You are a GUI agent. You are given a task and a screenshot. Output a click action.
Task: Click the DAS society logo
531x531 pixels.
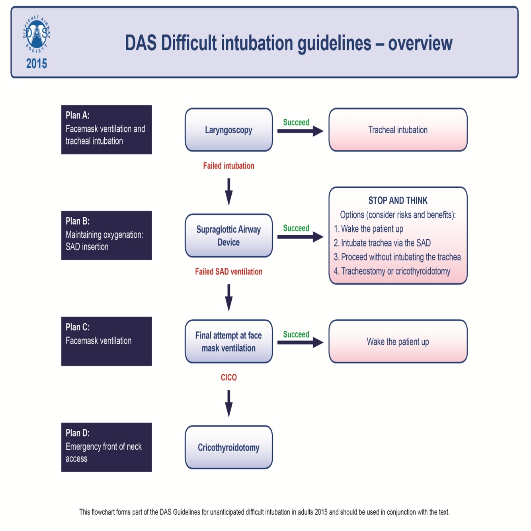pyautogui.click(x=37, y=34)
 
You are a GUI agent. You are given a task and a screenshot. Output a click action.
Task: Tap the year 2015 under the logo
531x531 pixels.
pyautogui.click(x=37, y=64)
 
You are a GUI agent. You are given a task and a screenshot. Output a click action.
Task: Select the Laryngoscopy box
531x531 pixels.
pyautogui.click(x=228, y=130)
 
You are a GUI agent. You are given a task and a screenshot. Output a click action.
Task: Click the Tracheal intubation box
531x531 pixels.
pyautogui.click(x=398, y=130)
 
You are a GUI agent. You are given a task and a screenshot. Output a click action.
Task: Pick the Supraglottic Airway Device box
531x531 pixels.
pyautogui.click(x=228, y=236)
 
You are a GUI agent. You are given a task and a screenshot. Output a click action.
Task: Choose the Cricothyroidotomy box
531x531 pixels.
pyautogui.click(x=228, y=447)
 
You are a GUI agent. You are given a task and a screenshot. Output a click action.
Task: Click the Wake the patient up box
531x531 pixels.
pyautogui.click(x=398, y=342)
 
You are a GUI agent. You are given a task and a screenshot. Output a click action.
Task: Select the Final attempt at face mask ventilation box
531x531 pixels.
pyautogui.click(x=228, y=342)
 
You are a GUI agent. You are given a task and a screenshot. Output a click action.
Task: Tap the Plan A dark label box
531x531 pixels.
pyautogui.click(x=106, y=129)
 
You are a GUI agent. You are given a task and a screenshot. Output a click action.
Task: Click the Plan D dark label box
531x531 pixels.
pyautogui.click(x=106, y=447)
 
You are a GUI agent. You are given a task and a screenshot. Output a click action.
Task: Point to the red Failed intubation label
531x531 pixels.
pyautogui.click(x=228, y=166)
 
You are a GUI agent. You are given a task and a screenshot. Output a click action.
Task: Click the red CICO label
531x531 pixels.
pyautogui.click(x=228, y=377)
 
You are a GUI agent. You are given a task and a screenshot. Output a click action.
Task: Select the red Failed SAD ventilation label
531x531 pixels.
pyautogui.click(x=228, y=272)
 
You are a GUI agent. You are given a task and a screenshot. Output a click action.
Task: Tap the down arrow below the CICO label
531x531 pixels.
pyautogui.click(x=228, y=403)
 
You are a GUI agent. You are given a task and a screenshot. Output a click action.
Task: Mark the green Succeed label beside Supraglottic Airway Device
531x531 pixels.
pyautogui.click(x=296, y=228)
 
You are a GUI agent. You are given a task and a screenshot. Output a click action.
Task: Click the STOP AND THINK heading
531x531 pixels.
pyautogui.click(x=398, y=201)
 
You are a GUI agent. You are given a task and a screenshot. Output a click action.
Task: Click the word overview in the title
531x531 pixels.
pyautogui.click(x=420, y=43)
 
